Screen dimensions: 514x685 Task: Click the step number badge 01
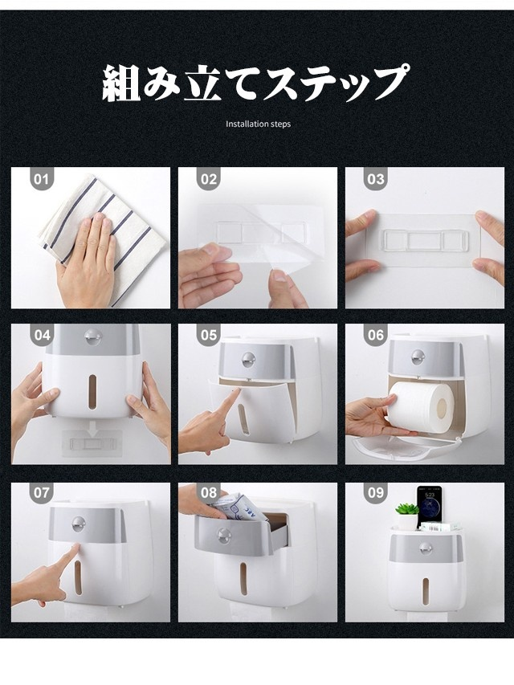[x=41, y=179]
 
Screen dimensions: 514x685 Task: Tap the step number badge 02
[x=209, y=179]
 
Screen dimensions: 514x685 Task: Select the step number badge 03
[x=376, y=179]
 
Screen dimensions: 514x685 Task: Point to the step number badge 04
[x=42, y=335]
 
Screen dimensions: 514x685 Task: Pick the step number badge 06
[x=376, y=335]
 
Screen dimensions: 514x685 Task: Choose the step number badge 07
[x=42, y=493]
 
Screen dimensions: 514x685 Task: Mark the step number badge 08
[x=209, y=493]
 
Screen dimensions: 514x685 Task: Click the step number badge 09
[x=376, y=493]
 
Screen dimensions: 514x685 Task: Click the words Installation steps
[x=258, y=124]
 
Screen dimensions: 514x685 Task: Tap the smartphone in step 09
[x=428, y=507]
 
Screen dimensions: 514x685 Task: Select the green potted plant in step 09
[x=407, y=515]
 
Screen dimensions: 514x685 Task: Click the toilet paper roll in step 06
[x=423, y=403]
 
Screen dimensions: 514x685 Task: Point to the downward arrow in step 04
[x=92, y=428]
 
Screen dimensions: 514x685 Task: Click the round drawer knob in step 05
[x=247, y=359]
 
